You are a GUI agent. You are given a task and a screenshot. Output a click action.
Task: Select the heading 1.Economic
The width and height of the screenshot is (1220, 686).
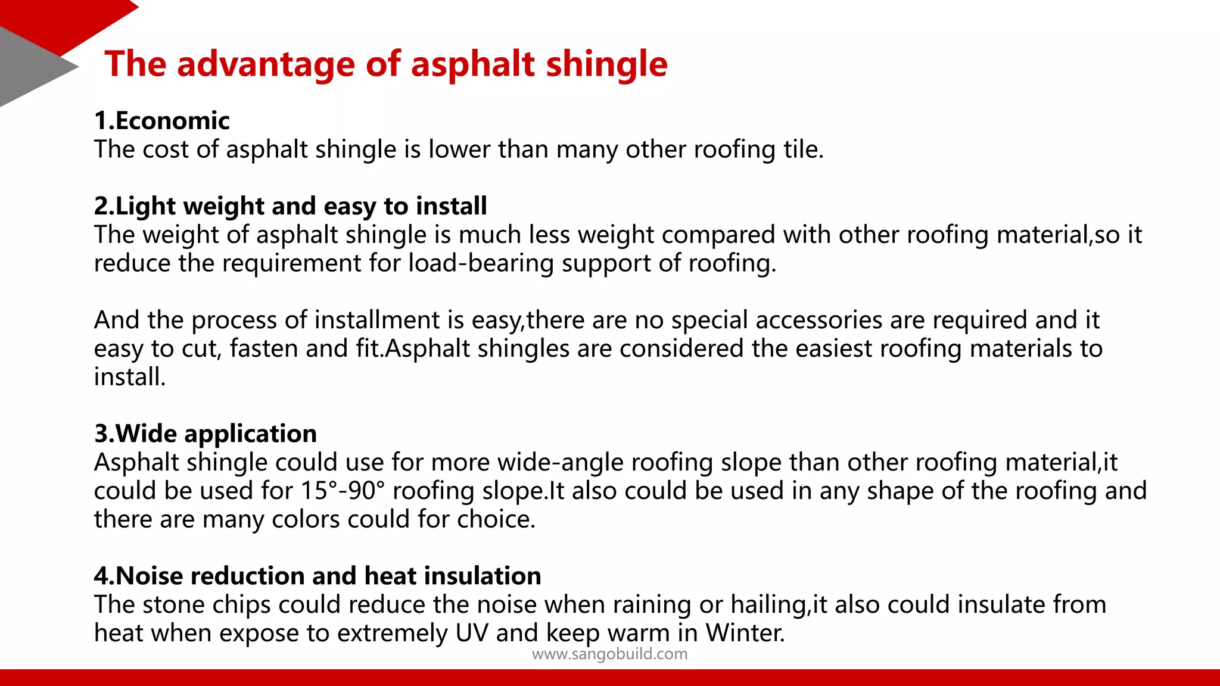coord(161,121)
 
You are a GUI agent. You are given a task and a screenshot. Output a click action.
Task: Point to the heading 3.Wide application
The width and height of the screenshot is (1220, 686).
coord(206,434)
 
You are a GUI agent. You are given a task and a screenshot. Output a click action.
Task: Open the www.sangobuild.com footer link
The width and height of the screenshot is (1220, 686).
coord(609,654)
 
